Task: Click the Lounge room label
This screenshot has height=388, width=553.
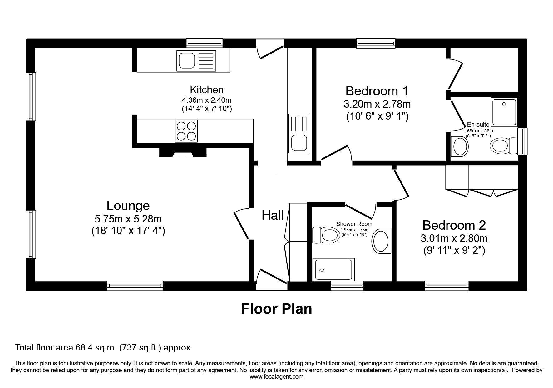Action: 128,206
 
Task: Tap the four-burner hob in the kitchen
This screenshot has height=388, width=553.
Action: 187,131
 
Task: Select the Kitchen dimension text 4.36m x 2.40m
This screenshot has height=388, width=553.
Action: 207,100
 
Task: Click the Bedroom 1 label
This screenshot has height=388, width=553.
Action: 377,91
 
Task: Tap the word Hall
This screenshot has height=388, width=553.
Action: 273,215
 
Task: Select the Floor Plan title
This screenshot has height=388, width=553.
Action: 276,309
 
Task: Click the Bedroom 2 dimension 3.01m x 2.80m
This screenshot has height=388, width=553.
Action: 454,238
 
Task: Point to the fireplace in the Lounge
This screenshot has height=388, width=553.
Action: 183,152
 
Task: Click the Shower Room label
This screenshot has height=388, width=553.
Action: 354,224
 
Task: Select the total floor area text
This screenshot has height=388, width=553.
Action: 103,348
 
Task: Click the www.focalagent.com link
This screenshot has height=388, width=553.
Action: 277,377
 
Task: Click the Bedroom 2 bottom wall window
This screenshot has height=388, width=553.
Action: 447,286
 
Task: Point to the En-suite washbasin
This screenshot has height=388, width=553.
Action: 460,146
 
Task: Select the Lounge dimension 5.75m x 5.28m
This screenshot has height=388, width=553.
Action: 128,219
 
